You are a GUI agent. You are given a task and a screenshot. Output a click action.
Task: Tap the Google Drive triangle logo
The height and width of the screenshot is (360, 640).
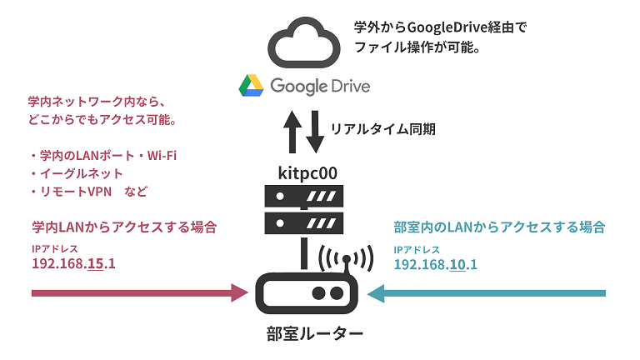(x=252, y=86)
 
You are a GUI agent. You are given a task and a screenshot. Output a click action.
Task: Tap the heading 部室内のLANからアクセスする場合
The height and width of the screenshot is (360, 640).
(x=498, y=227)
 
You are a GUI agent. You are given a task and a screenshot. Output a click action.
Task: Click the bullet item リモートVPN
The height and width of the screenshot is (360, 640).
(x=76, y=192)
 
